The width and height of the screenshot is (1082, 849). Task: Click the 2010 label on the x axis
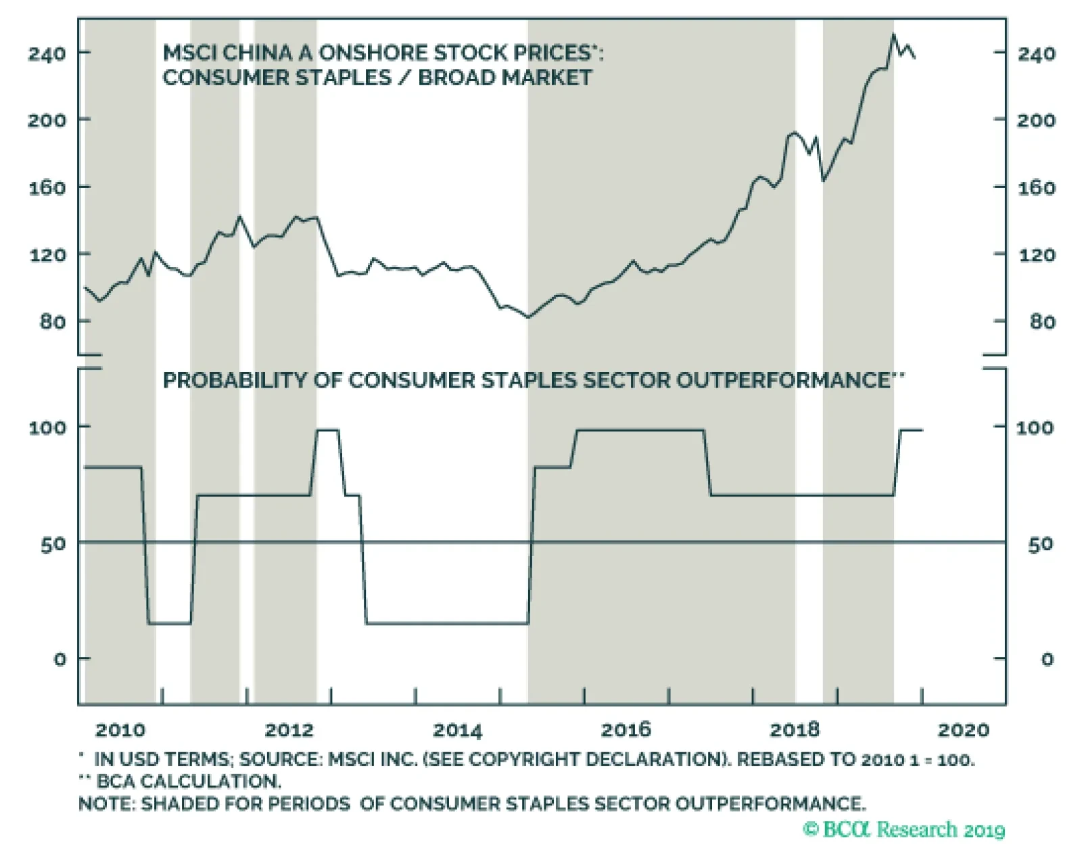click(x=120, y=730)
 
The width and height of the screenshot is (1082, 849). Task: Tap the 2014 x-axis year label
click(x=457, y=730)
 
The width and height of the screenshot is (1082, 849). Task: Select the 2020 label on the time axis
click(x=964, y=730)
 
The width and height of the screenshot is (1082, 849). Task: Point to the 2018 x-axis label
click(x=795, y=730)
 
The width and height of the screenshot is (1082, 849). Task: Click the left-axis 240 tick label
click(x=47, y=53)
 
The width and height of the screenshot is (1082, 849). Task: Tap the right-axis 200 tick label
click(x=1036, y=120)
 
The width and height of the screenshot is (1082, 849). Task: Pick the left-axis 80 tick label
click(x=53, y=321)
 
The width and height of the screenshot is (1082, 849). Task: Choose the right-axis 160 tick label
click(x=1036, y=187)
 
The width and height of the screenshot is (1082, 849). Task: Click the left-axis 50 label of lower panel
click(x=53, y=544)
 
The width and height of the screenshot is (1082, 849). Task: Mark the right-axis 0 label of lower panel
click(x=1047, y=659)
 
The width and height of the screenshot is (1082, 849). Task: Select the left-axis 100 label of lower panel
click(x=47, y=428)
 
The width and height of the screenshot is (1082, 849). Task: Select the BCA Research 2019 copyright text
click(x=904, y=829)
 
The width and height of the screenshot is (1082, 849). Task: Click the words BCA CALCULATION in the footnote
click(x=188, y=781)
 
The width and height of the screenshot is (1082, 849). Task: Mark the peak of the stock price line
click(x=893, y=35)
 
